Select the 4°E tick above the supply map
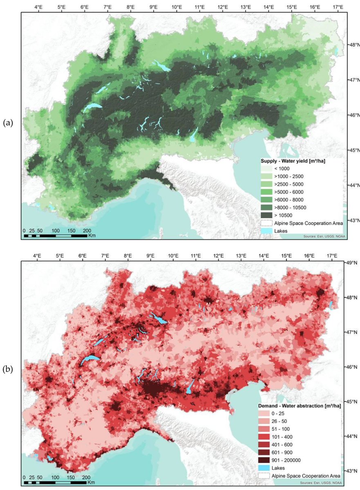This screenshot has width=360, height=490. (39, 7)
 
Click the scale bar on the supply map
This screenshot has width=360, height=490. (55, 236)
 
